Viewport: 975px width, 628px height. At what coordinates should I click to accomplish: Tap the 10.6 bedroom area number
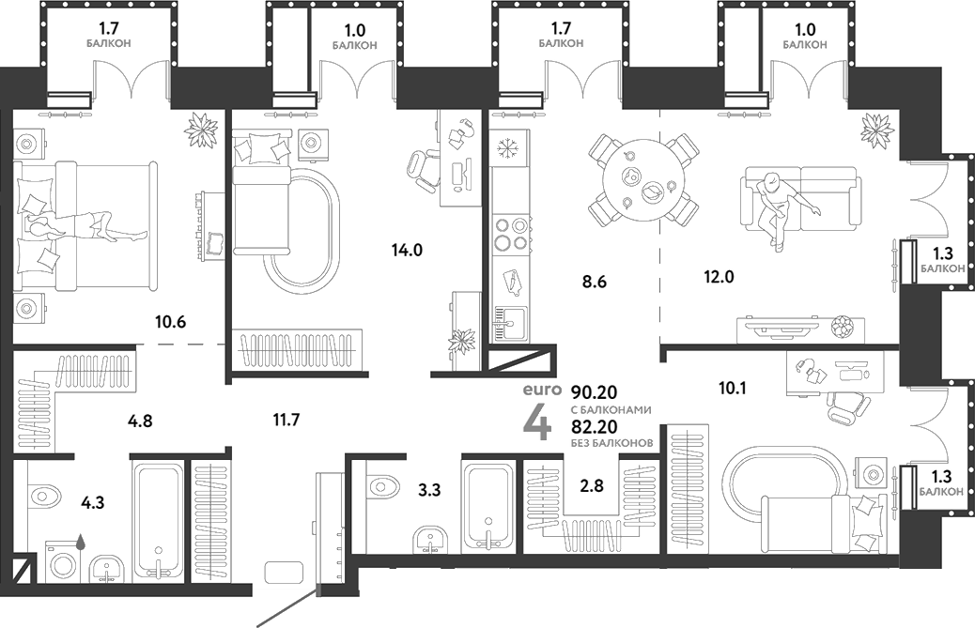(170, 323)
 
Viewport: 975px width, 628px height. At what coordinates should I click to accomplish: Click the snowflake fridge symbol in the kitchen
(508, 149)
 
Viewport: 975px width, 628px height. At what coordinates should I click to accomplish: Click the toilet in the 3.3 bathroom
(383, 485)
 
